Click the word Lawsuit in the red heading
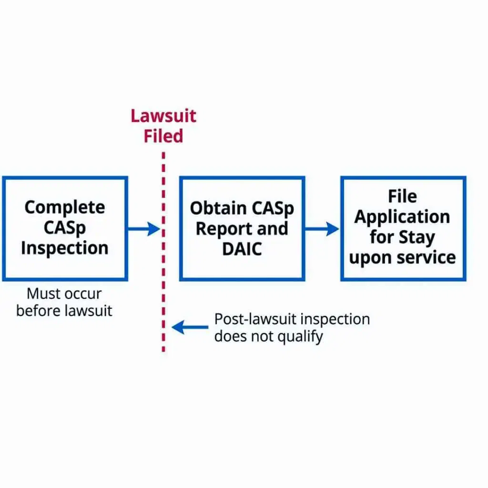[163, 116]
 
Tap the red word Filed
[163, 136]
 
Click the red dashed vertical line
[163, 267]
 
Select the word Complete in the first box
[65, 207]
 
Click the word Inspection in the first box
[65, 248]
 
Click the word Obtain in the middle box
[214, 208]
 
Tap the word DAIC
[242, 249]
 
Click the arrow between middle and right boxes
[322, 229]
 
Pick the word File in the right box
[402, 196]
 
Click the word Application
[402, 217]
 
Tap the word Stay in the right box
[419, 237]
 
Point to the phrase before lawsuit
[64, 311]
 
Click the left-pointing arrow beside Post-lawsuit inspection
[190, 327]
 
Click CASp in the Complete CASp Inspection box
[65, 228]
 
